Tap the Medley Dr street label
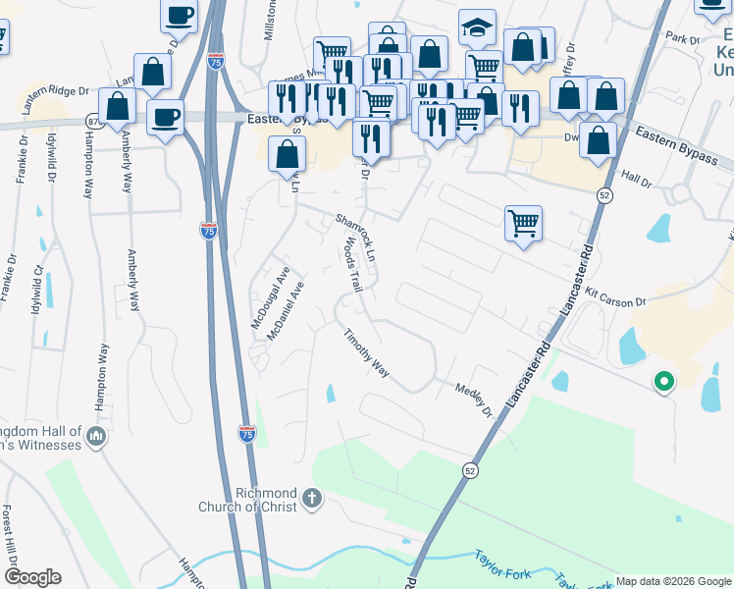473,400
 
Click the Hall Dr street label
637,179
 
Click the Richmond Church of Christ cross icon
312,499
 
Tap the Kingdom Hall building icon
96,435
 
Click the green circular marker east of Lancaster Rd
663,382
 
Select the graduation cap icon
477,28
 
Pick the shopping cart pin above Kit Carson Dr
524,223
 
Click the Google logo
32,577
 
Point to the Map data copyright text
672,581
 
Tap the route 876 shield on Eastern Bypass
93,121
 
